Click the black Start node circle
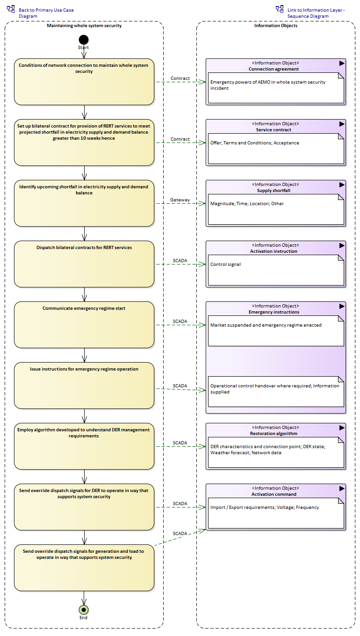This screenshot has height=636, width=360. [84, 40]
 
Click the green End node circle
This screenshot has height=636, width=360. [84, 609]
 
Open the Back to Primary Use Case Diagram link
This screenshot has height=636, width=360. [46, 13]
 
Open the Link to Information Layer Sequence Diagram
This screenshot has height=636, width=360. [316, 13]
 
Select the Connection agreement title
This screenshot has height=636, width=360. [274, 69]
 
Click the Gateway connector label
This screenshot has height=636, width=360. [180, 200]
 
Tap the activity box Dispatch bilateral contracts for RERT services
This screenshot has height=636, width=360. [84, 264]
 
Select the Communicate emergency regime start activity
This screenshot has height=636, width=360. [84, 324]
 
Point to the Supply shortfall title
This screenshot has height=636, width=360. [274, 191]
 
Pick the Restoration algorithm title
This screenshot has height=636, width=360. [274, 434]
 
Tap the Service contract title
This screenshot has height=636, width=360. [274, 130]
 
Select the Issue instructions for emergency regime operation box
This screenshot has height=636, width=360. [84, 385]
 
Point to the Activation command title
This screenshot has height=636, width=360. [274, 494]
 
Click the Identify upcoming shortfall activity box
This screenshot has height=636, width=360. [84, 203]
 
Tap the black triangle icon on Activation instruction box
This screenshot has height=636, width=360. [342, 245]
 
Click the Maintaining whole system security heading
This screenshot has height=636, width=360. [84, 26]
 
